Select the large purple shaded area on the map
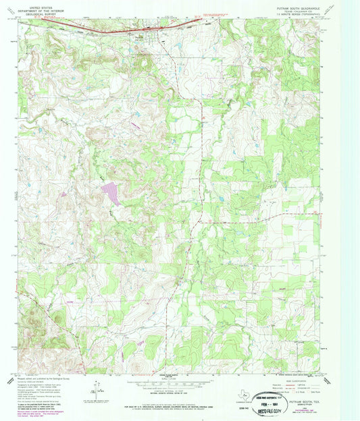point(111,194)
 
